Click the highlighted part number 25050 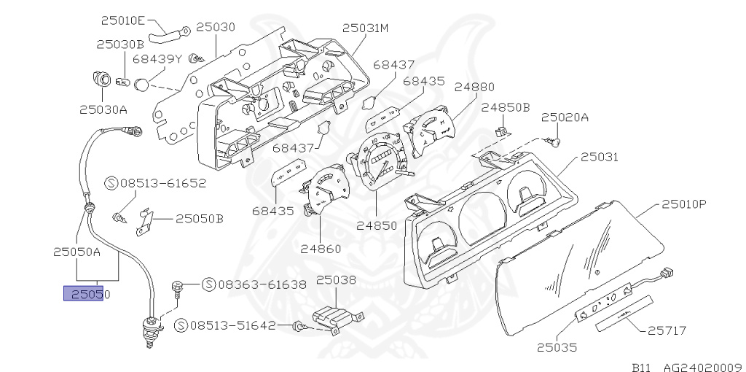87,294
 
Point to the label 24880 474,86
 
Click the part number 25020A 565,116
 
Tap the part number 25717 667,330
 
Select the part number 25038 336,279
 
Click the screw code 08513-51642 232,325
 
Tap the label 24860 321,249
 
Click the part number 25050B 199,217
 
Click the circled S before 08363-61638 207,284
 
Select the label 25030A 103,110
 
